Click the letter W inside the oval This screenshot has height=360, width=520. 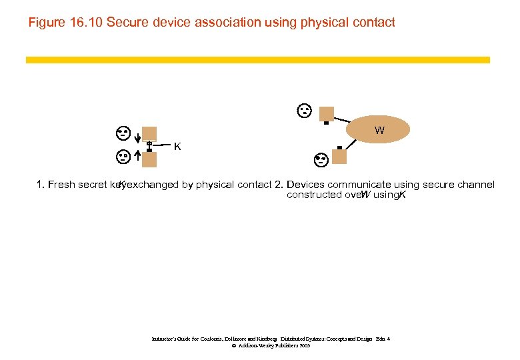pos(379,131)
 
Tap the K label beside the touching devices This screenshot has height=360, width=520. pos(177,146)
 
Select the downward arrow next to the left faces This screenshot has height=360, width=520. pos(136,138)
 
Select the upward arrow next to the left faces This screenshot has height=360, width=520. pos(136,156)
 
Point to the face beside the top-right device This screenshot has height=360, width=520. pos(304,110)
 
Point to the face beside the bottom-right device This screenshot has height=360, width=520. pos(321,159)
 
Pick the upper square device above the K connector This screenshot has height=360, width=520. pos(149,133)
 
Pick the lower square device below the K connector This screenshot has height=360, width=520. pos(149,159)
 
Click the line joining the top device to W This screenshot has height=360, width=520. pos(348,121)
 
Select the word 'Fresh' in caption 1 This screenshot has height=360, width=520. pos(63,185)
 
